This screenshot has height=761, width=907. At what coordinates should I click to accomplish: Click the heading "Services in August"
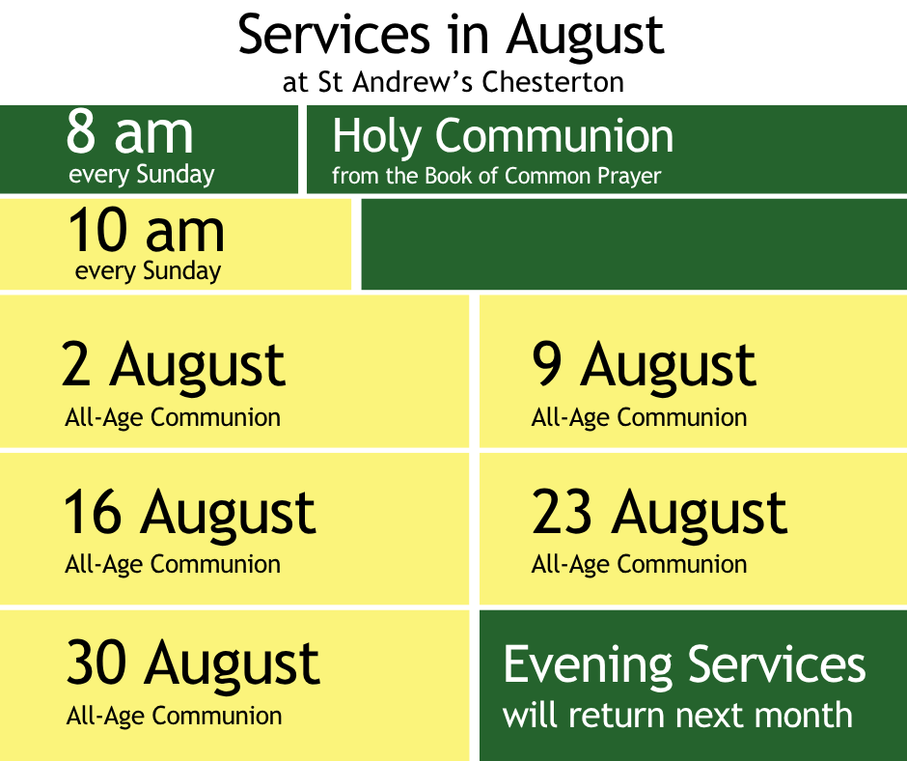(x=452, y=36)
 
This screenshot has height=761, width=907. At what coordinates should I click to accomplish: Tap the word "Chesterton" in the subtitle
(x=553, y=82)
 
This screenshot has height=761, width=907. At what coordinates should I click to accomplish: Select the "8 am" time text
(x=129, y=132)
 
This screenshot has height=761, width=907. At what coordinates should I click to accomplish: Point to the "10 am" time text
(x=147, y=230)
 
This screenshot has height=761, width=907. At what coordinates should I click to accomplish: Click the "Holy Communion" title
(x=503, y=137)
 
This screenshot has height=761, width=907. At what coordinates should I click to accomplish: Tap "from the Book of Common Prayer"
(x=496, y=176)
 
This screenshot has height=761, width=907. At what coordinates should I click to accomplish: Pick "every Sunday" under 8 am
(x=142, y=175)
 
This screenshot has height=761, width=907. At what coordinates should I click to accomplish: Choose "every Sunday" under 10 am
(x=148, y=271)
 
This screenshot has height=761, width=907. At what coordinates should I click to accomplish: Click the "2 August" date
(x=174, y=366)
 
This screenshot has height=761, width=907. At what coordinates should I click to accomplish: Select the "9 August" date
(x=644, y=366)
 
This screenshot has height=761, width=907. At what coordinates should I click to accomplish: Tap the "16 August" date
(x=190, y=513)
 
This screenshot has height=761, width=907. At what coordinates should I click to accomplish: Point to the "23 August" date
(x=659, y=513)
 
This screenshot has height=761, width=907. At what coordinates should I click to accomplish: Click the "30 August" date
(x=193, y=663)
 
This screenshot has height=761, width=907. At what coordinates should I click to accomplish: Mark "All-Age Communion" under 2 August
(x=173, y=417)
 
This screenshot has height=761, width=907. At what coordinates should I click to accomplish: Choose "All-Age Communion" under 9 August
(x=639, y=417)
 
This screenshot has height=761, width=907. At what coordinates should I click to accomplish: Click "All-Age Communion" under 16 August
(x=173, y=565)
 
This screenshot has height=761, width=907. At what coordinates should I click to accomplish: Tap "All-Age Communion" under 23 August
(x=639, y=565)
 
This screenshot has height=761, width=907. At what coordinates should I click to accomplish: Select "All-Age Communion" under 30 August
(x=174, y=717)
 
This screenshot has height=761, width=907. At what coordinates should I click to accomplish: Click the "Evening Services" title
(x=684, y=665)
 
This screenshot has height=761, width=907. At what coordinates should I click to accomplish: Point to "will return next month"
(x=678, y=716)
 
